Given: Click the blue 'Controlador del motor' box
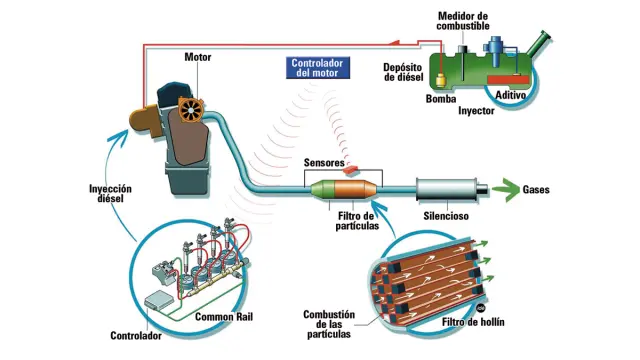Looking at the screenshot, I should click(316, 68).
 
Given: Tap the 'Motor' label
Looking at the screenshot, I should click(198, 57).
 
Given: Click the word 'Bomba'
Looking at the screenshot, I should click(441, 100).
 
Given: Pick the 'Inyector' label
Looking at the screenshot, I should click(477, 111).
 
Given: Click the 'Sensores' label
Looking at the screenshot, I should click(323, 163).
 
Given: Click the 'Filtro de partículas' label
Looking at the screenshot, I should click(355, 220).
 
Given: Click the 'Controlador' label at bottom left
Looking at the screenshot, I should click(135, 335).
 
